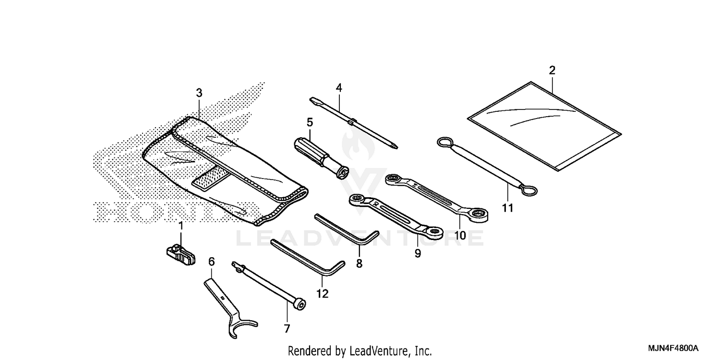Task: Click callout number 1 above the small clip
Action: pyautogui.click(x=181, y=225)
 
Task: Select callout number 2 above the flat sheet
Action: pyautogui.click(x=552, y=70)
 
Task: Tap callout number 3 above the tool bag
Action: pyautogui.click(x=199, y=93)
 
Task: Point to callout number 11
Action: pyautogui.click(x=508, y=208)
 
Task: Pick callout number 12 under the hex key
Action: pyautogui.click(x=323, y=293)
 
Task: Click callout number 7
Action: pyautogui.click(x=287, y=329)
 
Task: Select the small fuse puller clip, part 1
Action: pyautogui.click(x=181, y=253)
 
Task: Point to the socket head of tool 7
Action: pyautogui.click(x=299, y=303)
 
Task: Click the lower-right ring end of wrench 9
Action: pyautogui.click(x=435, y=232)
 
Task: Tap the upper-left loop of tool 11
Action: pyautogui.click(x=444, y=143)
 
